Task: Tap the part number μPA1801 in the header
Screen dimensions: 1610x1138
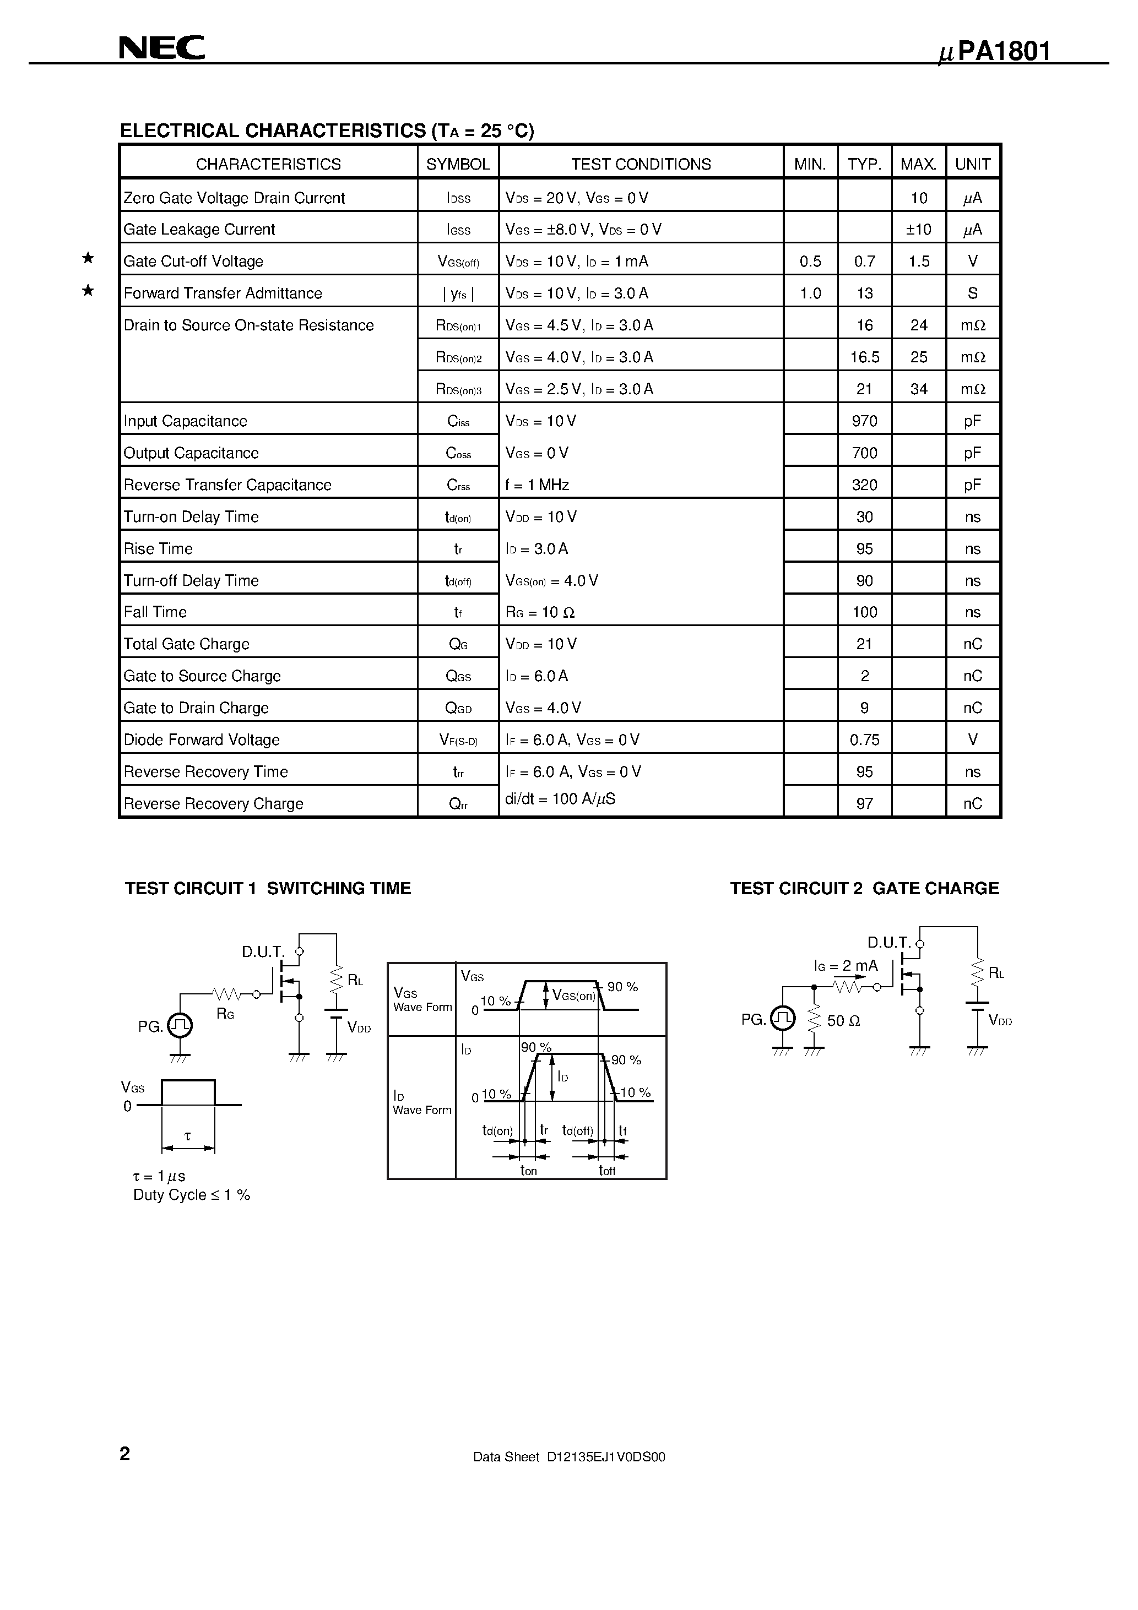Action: (x=995, y=52)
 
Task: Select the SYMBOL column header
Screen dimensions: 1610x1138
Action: (x=458, y=164)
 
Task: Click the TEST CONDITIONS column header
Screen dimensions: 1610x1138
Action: (x=641, y=164)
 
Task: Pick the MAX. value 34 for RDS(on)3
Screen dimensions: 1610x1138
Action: (x=918, y=389)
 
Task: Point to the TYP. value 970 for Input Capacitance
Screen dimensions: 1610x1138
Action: (x=864, y=421)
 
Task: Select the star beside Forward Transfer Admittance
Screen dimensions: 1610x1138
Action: (x=88, y=290)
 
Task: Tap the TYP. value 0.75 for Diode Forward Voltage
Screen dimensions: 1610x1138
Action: (x=864, y=740)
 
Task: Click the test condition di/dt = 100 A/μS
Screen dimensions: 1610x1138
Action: (x=560, y=799)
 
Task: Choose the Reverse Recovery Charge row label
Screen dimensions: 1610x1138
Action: (x=213, y=803)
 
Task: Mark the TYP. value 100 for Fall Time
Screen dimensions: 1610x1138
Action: (x=864, y=612)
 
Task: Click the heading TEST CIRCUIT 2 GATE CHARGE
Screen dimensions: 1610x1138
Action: (x=864, y=889)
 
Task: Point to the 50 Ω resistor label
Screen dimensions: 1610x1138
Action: (x=844, y=1021)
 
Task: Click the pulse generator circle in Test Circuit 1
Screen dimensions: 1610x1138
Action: (x=180, y=1026)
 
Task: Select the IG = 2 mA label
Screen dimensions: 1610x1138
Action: (x=846, y=966)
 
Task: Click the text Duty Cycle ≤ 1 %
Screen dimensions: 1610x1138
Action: (x=192, y=1195)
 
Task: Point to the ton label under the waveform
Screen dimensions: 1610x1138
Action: (x=528, y=1171)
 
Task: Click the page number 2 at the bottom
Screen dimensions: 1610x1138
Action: (x=125, y=1454)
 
